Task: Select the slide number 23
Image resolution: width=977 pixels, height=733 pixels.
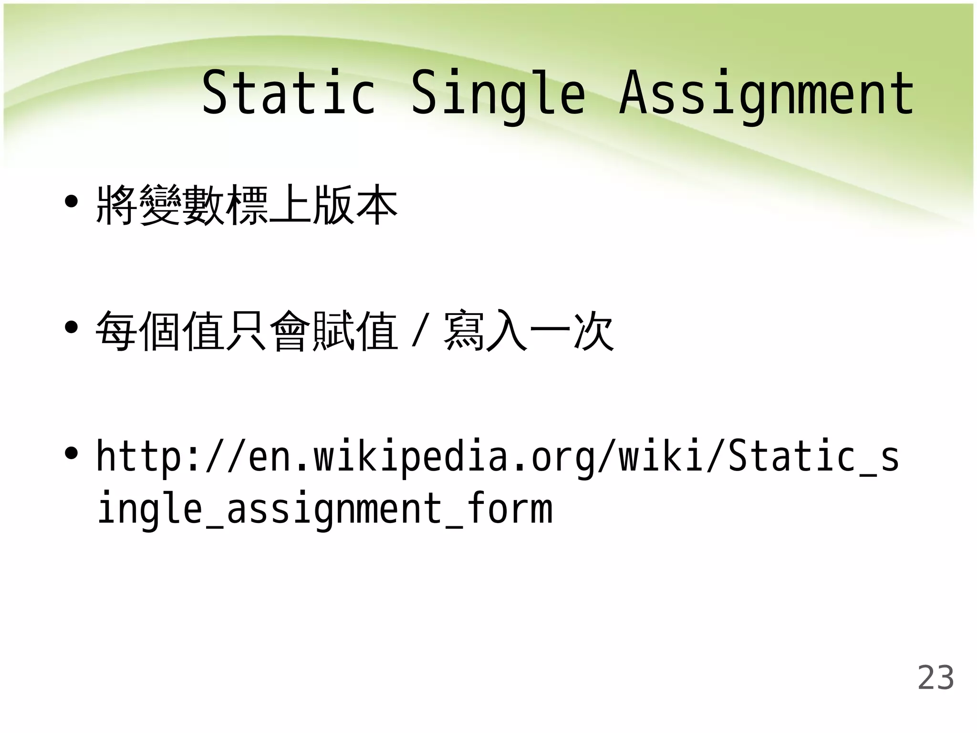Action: [x=935, y=677]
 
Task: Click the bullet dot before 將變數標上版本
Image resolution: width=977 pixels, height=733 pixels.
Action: [x=72, y=201]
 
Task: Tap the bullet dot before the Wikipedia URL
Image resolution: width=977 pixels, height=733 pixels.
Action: [x=72, y=453]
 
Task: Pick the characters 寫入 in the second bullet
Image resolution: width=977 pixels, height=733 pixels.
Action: [x=486, y=330]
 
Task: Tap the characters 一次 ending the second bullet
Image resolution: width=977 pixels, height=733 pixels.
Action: [x=572, y=330]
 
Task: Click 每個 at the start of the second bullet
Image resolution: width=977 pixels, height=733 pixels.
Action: [x=138, y=330]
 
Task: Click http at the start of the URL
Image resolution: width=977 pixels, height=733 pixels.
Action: [x=139, y=456]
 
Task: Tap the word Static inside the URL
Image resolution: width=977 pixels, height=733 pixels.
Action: [x=792, y=456]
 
